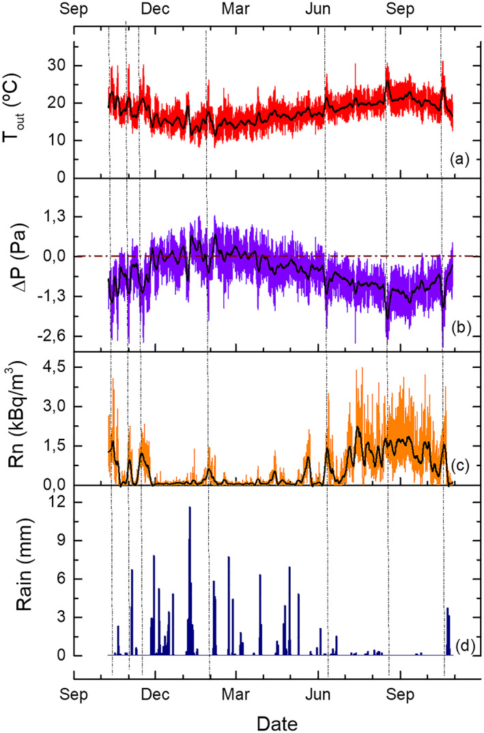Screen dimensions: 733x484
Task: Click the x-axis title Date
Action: click(276, 721)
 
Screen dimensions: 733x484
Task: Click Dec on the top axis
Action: click(156, 9)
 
